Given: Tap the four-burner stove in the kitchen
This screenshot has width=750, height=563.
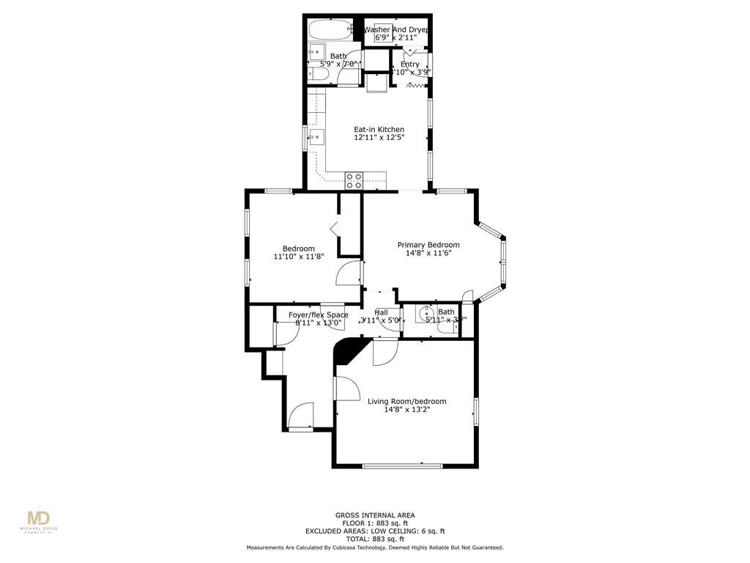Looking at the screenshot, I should tap(354, 180).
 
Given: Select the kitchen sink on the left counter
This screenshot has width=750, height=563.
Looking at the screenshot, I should tap(316, 137).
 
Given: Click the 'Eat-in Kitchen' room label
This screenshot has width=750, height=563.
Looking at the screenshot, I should tap(379, 130).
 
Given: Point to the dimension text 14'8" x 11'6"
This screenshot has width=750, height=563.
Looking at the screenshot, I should tap(428, 254).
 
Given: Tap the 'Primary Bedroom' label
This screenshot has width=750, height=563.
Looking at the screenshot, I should tap(428, 245).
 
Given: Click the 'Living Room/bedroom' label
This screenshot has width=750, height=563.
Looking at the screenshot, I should tap(406, 401).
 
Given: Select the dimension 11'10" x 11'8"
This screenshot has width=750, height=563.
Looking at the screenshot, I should tap(299, 257).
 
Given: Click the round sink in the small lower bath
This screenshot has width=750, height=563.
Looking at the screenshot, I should tap(424, 315).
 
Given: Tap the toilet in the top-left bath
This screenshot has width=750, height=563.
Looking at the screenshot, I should tap(319, 74).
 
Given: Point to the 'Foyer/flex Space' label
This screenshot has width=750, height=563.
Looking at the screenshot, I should tap(318, 315).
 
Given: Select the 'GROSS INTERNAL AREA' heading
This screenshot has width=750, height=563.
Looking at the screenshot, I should tap(375, 515).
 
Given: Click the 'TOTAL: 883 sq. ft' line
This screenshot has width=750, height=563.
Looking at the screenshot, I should tap(375, 539).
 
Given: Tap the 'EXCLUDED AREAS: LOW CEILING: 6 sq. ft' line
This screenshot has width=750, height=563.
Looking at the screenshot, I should tap(375, 531).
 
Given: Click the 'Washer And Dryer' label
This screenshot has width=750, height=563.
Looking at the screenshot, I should tap(396, 29).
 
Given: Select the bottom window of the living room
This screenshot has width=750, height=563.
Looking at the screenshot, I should tap(402, 466).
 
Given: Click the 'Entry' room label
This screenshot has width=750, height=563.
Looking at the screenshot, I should tap(410, 65).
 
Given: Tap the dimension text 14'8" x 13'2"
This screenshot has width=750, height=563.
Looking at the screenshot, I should tap(406, 410).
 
